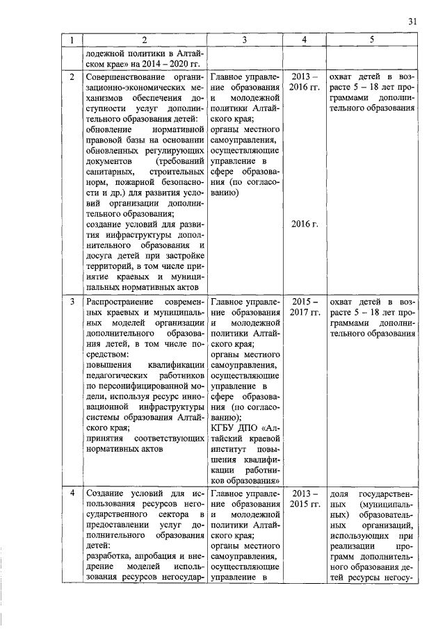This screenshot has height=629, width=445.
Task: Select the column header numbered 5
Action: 372,40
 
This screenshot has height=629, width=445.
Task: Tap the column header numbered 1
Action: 73,40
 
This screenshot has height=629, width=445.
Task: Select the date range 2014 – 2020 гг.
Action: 156,63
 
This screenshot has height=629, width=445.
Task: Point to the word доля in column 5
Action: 339,493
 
